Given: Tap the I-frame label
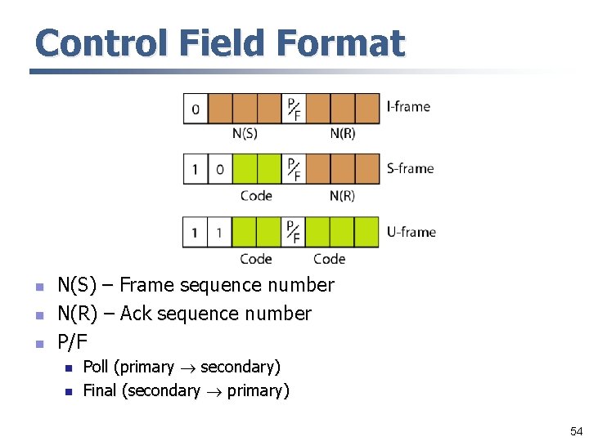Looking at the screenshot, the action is click(407, 106).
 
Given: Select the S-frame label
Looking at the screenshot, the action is click(410, 169).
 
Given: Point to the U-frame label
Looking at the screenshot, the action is click(411, 232).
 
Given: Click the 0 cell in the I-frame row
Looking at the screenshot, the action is click(196, 109).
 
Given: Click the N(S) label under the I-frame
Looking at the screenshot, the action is click(245, 133).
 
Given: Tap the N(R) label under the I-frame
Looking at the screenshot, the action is click(343, 133).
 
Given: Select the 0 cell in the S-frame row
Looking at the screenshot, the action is click(220, 170).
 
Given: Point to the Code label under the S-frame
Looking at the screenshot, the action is click(256, 196).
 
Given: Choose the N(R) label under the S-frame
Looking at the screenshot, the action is click(343, 196).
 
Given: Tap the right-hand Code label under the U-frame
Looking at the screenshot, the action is click(329, 259).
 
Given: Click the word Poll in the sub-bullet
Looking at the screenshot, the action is click(99, 367).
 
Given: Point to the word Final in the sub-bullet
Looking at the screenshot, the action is click(100, 391).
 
